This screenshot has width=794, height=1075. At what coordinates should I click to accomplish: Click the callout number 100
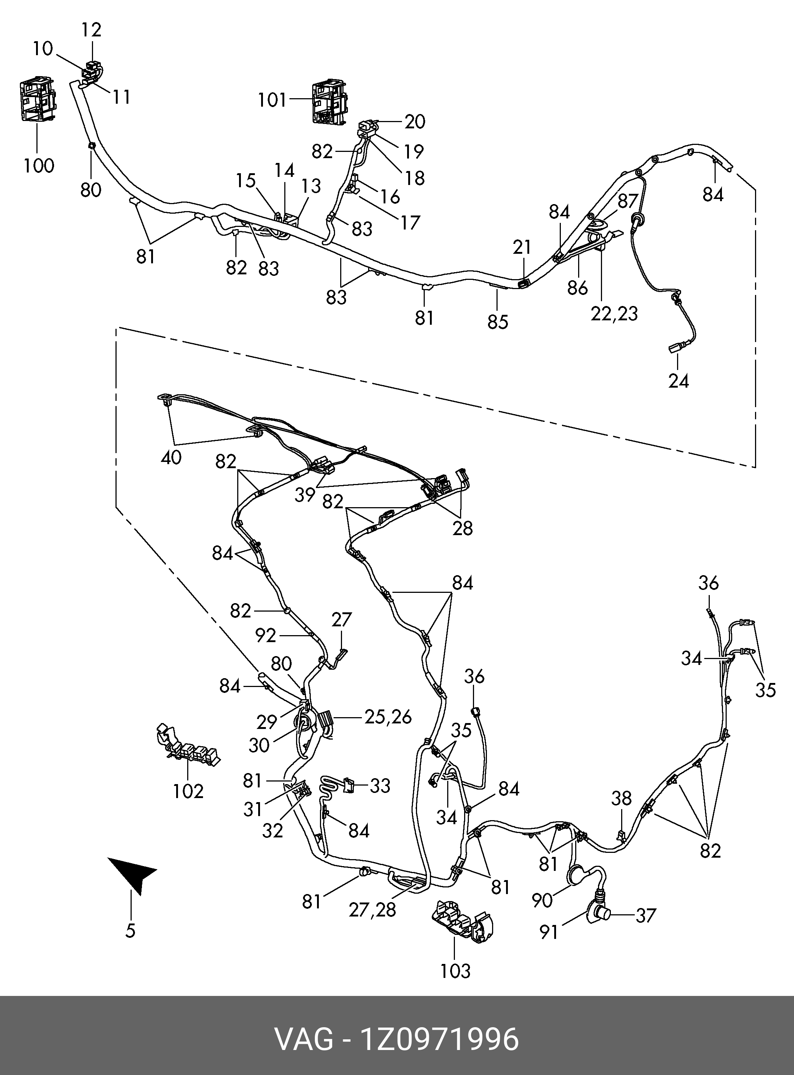[x=39, y=166]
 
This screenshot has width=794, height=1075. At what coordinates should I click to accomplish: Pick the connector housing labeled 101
[x=329, y=102]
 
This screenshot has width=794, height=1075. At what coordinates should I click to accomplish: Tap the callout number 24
[x=678, y=381]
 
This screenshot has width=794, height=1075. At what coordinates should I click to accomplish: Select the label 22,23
[x=614, y=314]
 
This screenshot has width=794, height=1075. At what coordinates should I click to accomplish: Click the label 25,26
[x=388, y=717]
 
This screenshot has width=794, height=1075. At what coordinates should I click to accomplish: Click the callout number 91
[x=548, y=932]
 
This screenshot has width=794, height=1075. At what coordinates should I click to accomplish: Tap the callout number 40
[x=171, y=457]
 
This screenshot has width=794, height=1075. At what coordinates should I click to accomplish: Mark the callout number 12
[x=91, y=30]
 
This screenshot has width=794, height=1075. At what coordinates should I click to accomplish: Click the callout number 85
[x=498, y=321]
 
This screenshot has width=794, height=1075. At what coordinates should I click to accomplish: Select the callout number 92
[x=265, y=636]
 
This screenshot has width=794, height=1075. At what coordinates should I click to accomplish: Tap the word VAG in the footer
[x=303, y=1039]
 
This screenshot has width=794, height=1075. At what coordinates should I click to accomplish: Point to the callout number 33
[x=380, y=786]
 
